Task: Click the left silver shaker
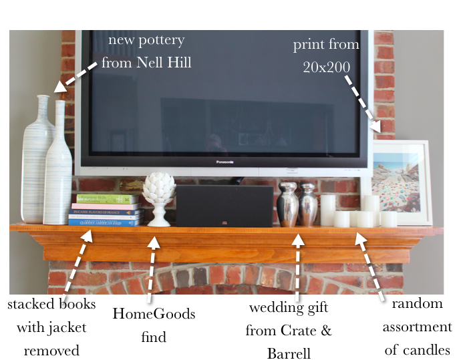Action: (287, 204)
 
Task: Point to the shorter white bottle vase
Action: (58, 167)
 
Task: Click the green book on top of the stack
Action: (107, 199)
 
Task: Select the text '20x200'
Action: (325, 68)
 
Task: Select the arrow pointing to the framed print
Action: (361, 104)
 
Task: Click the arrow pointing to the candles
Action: (370, 264)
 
